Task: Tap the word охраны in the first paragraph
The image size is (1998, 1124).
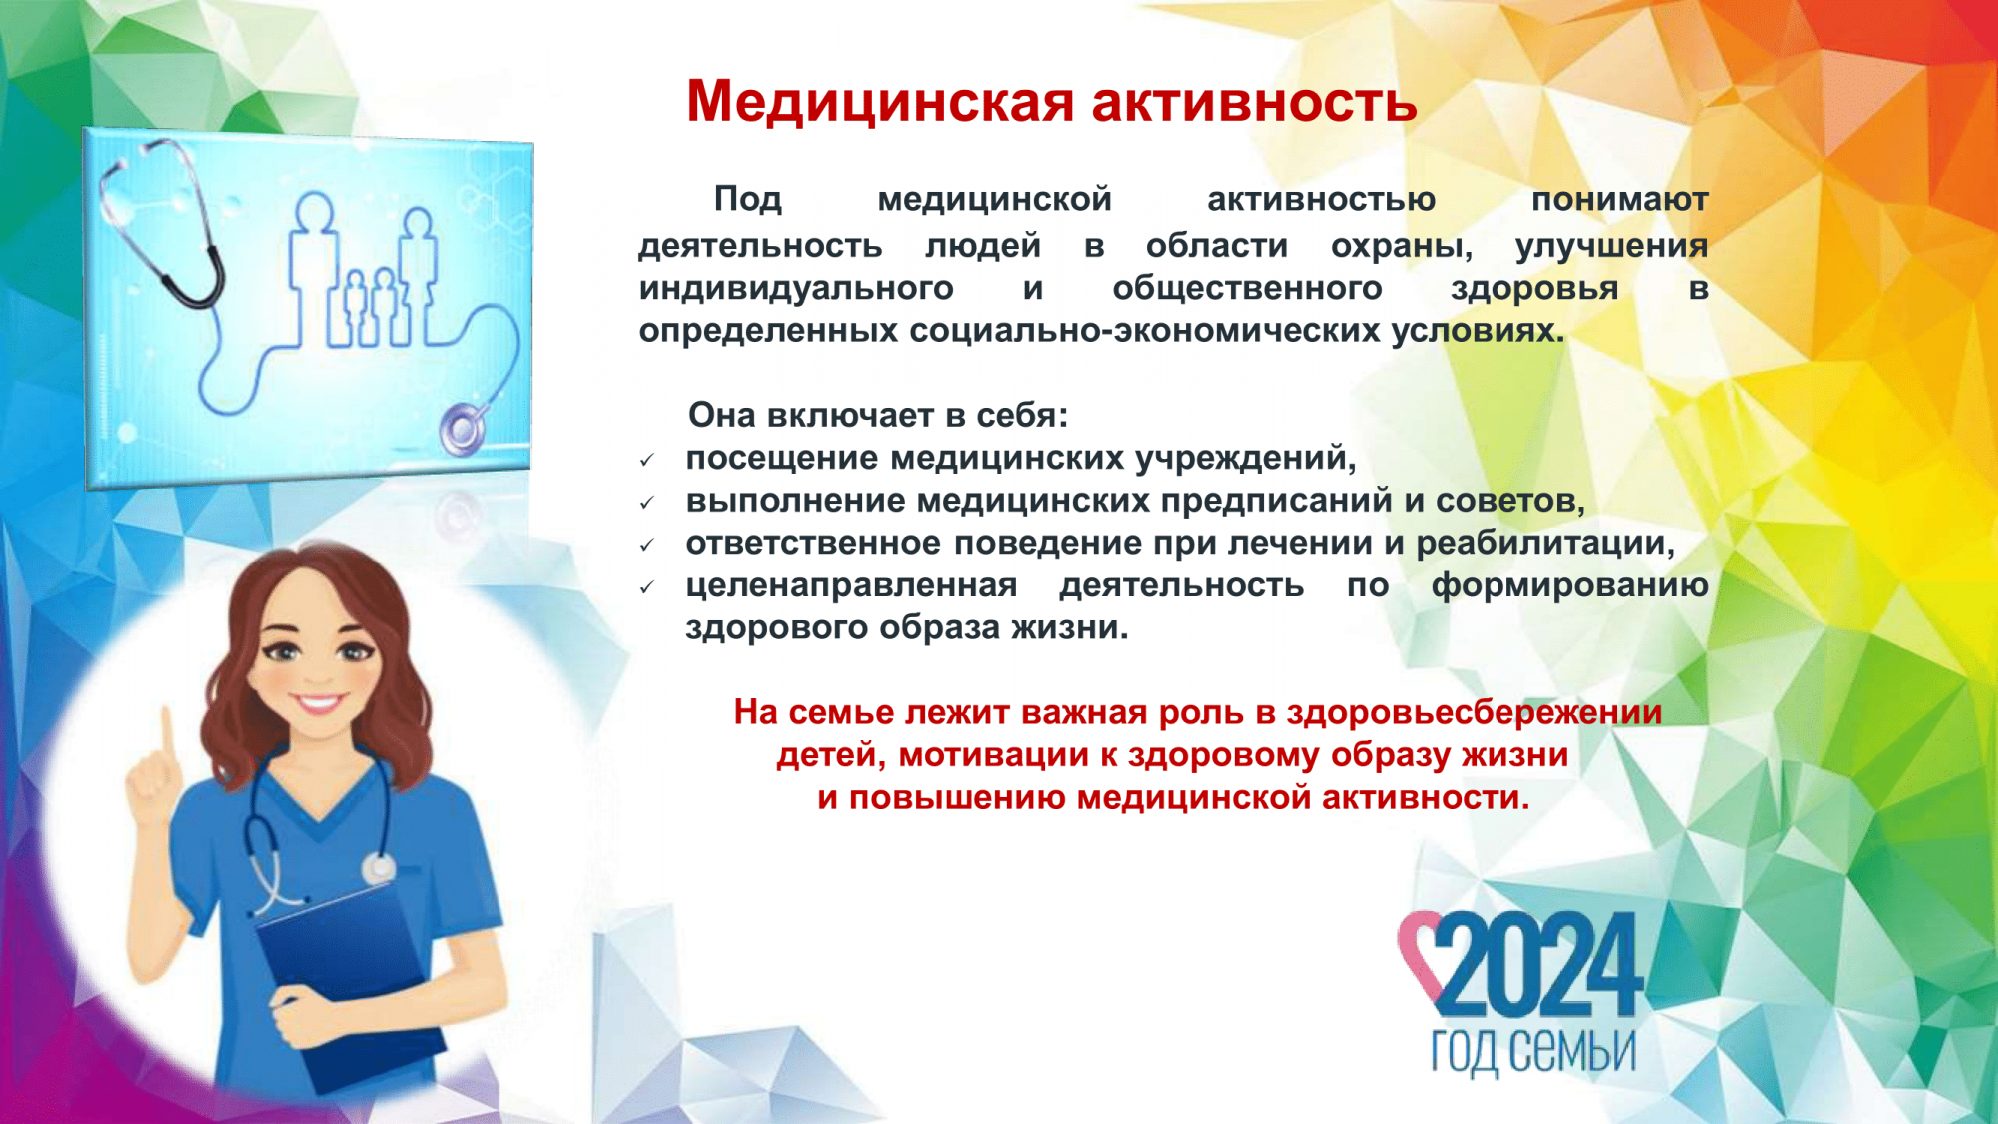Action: tap(1402, 246)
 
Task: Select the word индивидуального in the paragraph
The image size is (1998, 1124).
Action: tap(796, 290)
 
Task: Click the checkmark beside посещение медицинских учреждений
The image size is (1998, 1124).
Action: tap(647, 460)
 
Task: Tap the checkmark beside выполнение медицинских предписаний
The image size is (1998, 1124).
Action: tap(647, 503)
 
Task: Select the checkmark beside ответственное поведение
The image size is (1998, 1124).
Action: tap(647, 546)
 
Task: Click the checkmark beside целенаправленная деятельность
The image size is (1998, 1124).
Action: tap(647, 588)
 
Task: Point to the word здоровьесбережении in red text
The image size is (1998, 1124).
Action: tap(1474, 713)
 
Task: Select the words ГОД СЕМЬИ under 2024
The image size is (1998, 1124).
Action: tap(1533, 1052)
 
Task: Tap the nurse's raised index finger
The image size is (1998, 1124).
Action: tap(167, 734)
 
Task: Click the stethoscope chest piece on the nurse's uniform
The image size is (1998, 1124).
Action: tap(379, 869)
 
